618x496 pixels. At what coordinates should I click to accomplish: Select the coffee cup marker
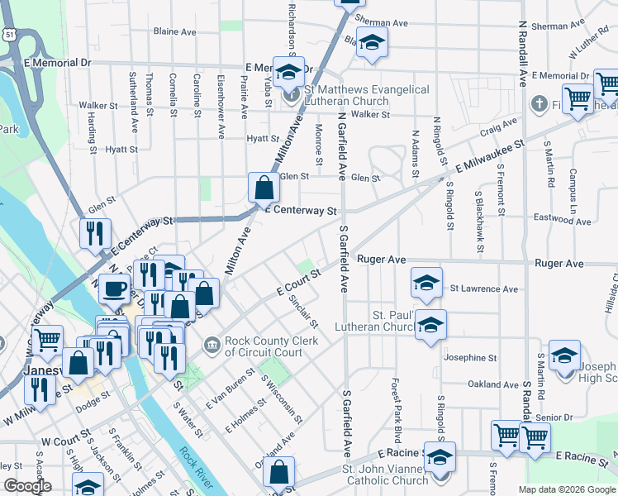(115, 288)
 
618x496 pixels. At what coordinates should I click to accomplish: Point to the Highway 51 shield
(8, 32)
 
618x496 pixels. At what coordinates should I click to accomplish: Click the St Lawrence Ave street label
(484, 289)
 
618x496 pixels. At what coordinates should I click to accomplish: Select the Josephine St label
(470, 359)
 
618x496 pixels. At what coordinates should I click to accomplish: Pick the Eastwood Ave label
(563, 221)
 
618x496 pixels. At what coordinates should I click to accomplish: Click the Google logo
(26, 485)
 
